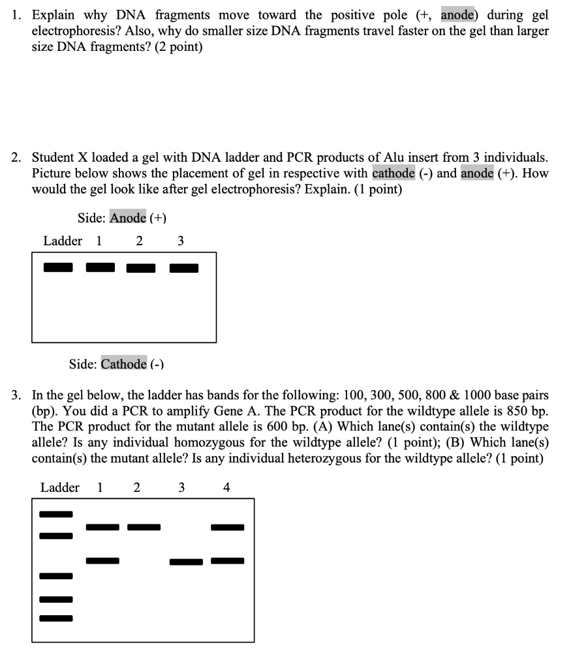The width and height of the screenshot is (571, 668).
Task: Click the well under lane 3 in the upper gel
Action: coord(184,267)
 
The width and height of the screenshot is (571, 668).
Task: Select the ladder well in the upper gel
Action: coord(58,267)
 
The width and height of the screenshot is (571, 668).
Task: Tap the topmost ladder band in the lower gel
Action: coord(56,514)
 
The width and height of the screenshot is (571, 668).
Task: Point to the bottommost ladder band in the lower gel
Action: coord(56,617)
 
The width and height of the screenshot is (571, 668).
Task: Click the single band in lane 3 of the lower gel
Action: coord(186,562)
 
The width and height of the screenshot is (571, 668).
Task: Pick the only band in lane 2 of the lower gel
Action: coord(144,527)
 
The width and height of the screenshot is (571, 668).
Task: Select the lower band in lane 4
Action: coord(227,560)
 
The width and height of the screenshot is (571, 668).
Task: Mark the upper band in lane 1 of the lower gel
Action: coord(102,527)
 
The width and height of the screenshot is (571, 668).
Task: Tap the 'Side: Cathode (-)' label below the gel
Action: coord(116,364)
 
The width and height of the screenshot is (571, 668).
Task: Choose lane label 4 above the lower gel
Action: coord(226,487)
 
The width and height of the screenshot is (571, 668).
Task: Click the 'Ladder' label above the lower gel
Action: coord(60,487)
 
